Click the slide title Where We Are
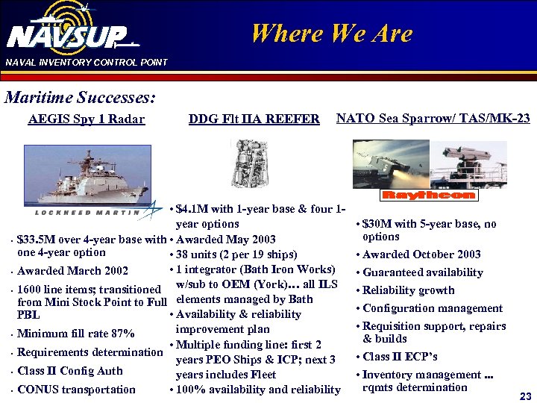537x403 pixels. [331, 34]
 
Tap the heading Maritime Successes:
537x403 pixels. [81, 98]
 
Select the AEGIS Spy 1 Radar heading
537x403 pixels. [86, 119]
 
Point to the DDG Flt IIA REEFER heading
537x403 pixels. [254, 119]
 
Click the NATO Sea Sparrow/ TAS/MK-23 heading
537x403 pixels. [433, 119]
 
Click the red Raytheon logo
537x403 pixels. [428, 196]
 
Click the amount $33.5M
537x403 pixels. [37, 240]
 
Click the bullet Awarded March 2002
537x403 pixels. [72, 271]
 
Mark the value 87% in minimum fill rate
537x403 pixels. [124, 334]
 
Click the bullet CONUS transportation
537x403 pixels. [76, 390]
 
